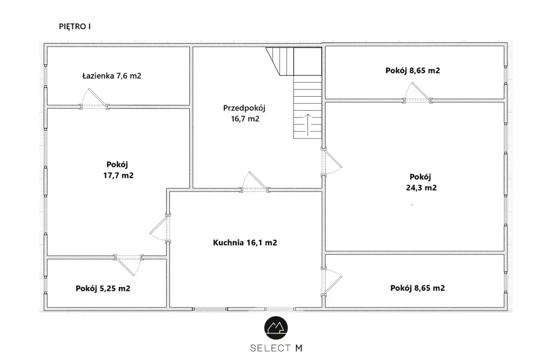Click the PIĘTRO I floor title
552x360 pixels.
[x=75, y=26]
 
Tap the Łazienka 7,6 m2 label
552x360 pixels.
[x=112, y=75]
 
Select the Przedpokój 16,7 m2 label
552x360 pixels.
[x=244, y=113]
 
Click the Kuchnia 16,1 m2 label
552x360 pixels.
[x=245, y=243]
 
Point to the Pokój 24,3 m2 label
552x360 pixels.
[x=421, y=182]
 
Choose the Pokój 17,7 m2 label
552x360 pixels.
[x=118, y=170]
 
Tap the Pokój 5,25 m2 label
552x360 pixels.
[x=103, y=288]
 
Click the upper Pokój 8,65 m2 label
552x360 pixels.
[x=413, y=71]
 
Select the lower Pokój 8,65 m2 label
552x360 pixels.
[x=417, y=288]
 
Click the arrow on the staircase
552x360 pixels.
[x=308, y=125]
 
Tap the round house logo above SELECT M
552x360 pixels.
[x=276, y=328]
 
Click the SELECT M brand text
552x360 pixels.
[x=276, y=348]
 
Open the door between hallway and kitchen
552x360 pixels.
[x=255, y=182]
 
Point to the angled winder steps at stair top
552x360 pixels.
[x=281, y=61]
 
